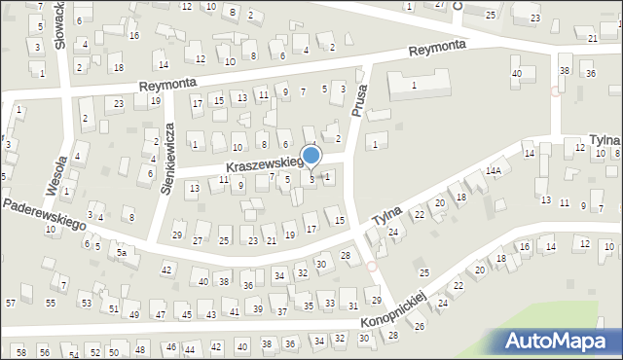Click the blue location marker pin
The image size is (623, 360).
pos(311,157)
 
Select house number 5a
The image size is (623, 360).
pos(123,253)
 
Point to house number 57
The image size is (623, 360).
pos(10,304)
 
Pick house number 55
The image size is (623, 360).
pos(51,304)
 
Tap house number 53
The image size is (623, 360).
pos(86,304)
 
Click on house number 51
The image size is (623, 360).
pos(113,309)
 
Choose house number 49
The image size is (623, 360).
pos(134,315)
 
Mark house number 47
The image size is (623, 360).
pos(161,315)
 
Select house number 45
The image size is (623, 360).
pos(186,315)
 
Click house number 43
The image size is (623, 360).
pos(210,315)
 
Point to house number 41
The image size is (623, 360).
pos(234,311)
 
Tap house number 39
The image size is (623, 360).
pos(258,309)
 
